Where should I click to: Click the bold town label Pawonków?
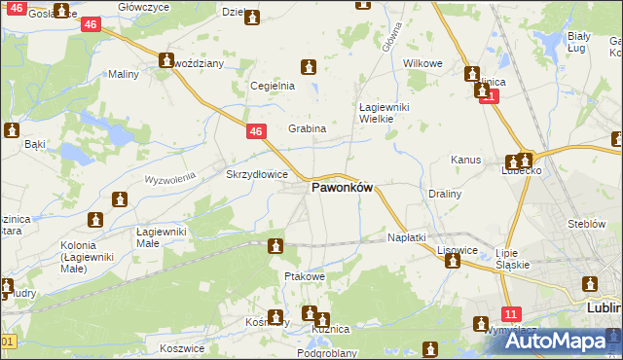pos(342,189)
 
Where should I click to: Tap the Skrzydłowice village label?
pos(256,175)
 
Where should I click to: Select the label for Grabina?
pos(307,128)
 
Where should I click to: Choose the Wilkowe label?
pos(422,63)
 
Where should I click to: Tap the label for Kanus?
pos(466,159)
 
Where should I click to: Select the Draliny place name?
pos(445,194)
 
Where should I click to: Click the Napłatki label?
pos(407,237)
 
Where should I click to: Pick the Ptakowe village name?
pos(304,277)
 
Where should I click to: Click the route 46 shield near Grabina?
pos(255,131)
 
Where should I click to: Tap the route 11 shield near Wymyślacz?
pos(510,312)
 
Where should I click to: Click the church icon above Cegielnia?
pos(309,67)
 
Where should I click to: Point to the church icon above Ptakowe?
pos(276,247)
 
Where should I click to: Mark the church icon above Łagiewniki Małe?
pos(120,200)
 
